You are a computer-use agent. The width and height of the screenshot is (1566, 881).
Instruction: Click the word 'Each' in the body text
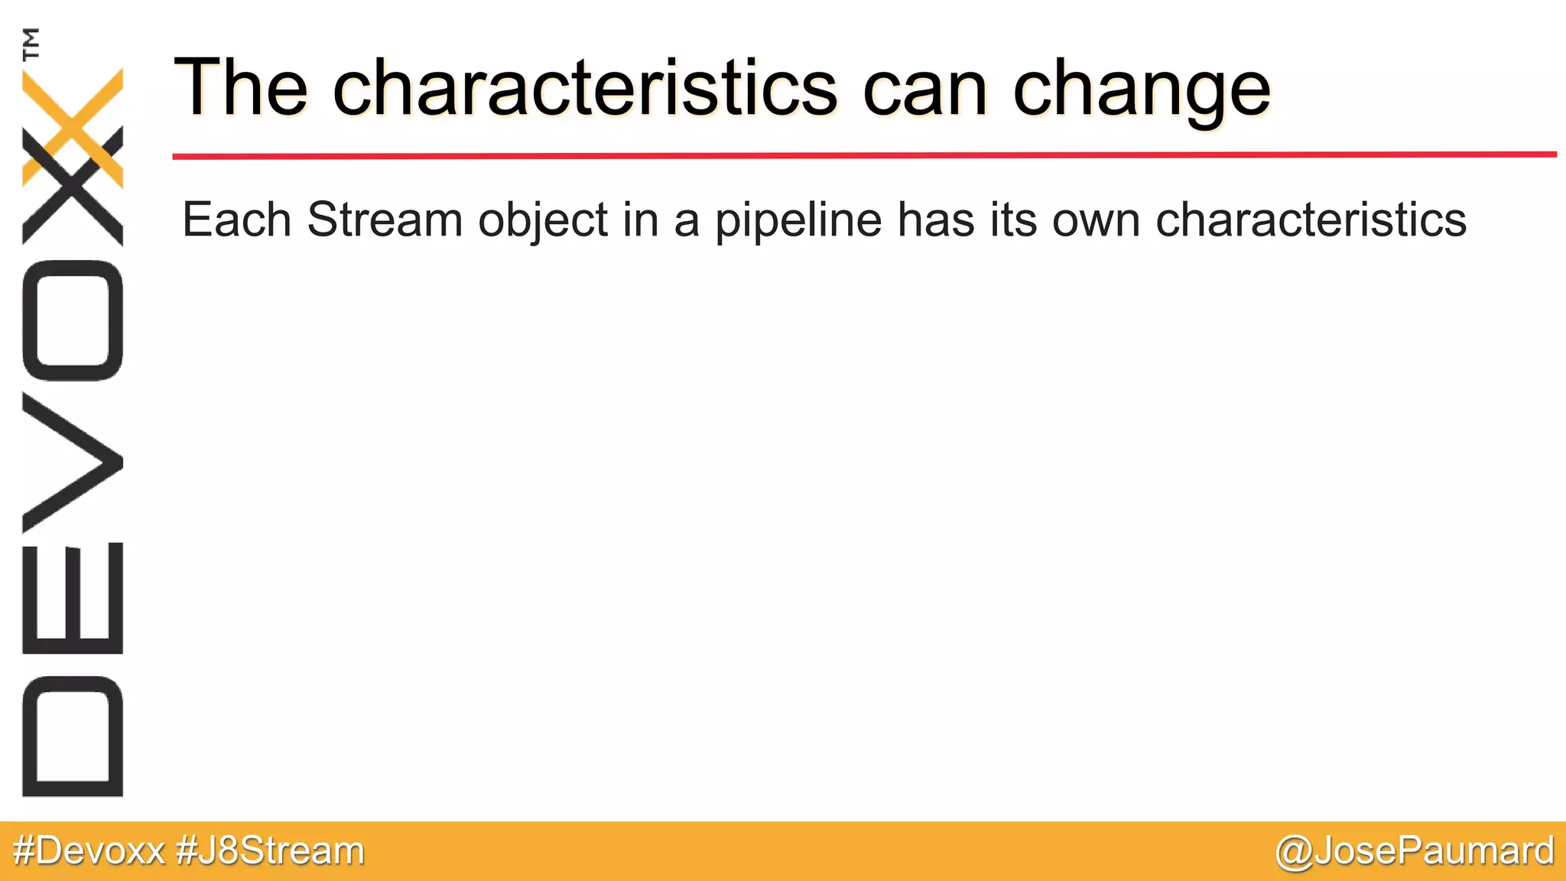[236, 220]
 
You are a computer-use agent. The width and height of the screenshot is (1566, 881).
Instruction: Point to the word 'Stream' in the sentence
[385, 220]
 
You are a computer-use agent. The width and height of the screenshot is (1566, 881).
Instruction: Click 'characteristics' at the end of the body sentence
[1311, 220]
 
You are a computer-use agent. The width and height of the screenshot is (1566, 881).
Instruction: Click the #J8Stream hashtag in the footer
[270, 851]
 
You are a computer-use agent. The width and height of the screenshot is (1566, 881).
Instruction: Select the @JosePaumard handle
[1415, 851]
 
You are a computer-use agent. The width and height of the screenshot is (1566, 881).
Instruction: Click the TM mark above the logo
[31, 44]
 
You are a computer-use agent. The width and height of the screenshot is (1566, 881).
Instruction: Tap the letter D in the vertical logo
[73, 736]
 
